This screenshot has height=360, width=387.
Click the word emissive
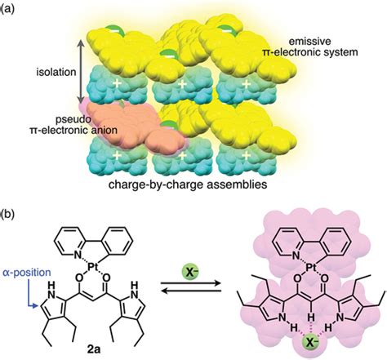327,38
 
